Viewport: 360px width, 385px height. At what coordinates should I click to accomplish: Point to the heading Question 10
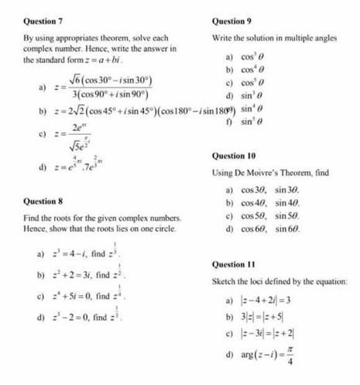pos(235,156)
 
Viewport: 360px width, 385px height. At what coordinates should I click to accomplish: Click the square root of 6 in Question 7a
pos(76,80)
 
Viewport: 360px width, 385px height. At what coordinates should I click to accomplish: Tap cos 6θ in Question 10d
pos(252,229)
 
